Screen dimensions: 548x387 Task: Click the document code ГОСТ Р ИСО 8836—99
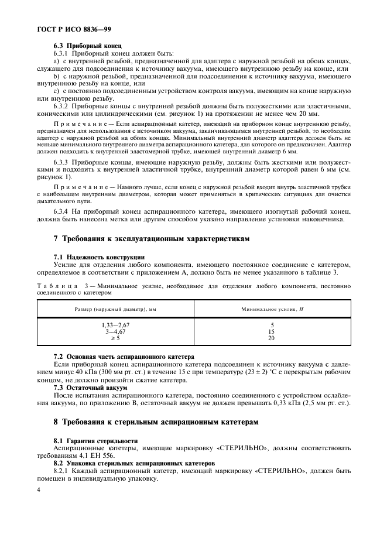65,28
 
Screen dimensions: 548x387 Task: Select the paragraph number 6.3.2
61,106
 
